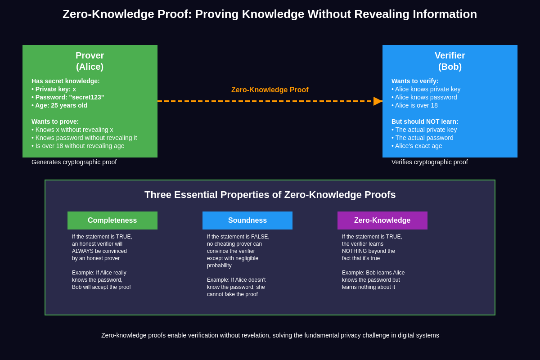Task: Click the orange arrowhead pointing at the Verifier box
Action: pyautogui.click(x=378, y=101)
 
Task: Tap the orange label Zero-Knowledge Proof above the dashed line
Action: pyautogui.click(x=270, y=90)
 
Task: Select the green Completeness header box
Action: pyautogui.click(x=112, y=220)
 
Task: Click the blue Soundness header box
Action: pyautogui.click(x=247, y=220)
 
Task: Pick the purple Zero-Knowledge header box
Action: pyautogui.click(x=382, y=220)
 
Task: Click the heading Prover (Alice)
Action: pyautogui.click(x=90, y=61)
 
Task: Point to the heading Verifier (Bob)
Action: pyautogui.click(x=450, y=61)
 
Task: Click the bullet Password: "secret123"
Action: pyautogui.click(x=68, y=97)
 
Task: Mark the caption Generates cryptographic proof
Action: pyautogui.click(x=74, y=162)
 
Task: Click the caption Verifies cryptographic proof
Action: pyautogui.click(x=429, y=162)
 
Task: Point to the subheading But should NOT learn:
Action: pyautogui.click(x=425, y=121)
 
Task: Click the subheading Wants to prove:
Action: pyautogui.click(x=55, y=121)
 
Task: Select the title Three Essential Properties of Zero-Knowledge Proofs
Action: pyautogui.click(x=270, y=195)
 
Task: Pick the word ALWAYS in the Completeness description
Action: pyautogui.click(x=82, y=251)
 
